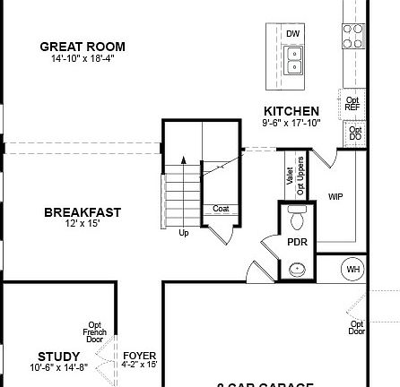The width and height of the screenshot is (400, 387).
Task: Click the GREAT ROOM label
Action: pos(83,47)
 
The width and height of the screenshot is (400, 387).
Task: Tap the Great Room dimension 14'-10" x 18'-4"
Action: pos(83,58)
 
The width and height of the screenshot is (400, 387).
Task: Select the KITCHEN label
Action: pos(291,111)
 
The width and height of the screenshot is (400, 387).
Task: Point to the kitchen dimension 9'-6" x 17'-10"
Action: pos(291,122)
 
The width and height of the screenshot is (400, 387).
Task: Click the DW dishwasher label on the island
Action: pos(292,34)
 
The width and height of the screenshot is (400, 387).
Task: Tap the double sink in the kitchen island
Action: pos(292,59)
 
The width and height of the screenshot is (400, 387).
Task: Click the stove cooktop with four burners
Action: pos(352,35)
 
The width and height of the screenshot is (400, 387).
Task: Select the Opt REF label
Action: pos(352,103)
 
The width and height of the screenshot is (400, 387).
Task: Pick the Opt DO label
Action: pos(355,134)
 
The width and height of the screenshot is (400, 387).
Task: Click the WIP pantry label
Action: pos(335,196)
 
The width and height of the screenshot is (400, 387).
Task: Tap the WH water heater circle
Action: pos(353,269)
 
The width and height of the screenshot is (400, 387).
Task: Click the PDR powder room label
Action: pos(297,242)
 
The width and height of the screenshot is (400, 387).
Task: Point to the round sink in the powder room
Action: pos(297,268)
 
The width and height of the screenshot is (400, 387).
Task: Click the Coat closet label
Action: pos(221,209)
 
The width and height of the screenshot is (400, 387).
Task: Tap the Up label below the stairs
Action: pos(183,233)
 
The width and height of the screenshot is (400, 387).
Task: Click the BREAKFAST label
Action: pos(83,212)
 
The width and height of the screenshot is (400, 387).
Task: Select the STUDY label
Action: pos(59,357)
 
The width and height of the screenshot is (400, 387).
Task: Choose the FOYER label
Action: pos(139,356)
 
